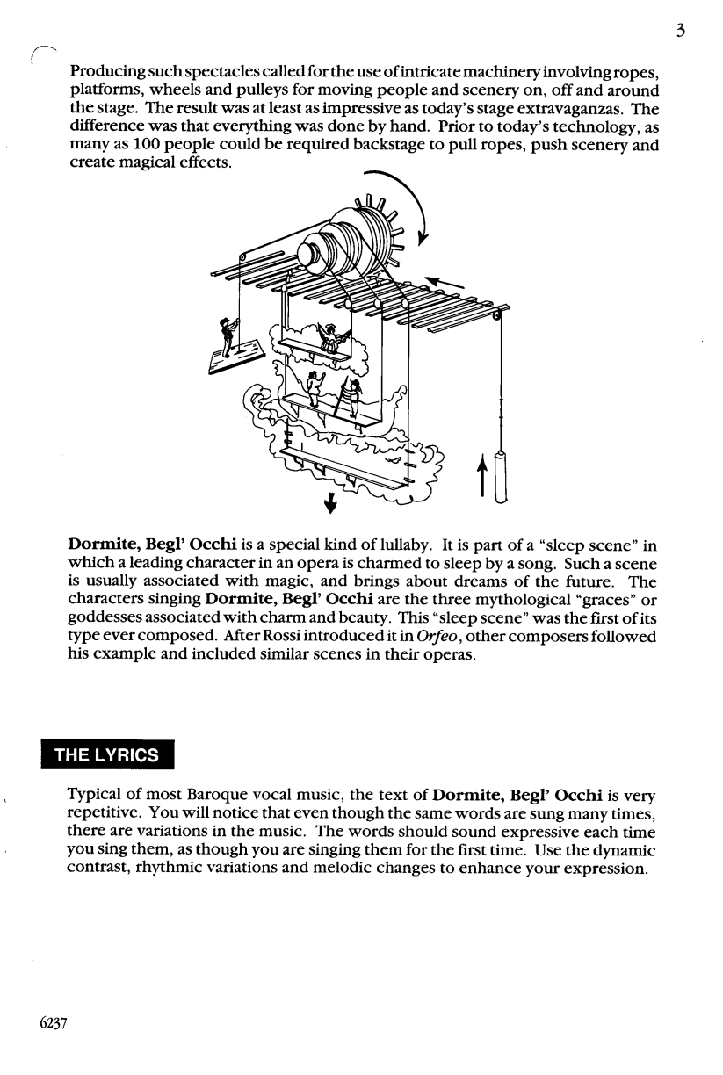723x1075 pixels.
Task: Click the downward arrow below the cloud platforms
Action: coord(330,501)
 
